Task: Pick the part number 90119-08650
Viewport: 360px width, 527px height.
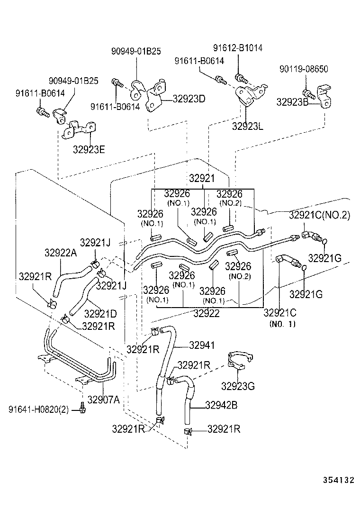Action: click(304, 69)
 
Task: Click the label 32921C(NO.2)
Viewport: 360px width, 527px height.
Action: click(319, 215)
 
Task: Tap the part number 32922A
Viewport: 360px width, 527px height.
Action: click(61, 252)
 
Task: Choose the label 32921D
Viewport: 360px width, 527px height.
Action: click(100, 313)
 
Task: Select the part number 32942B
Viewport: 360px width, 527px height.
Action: click(221, 405)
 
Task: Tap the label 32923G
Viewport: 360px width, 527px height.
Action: click(238, 386)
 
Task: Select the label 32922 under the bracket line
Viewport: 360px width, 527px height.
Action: click(207, 313)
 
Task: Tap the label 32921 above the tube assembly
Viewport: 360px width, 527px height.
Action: click(202, 179)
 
